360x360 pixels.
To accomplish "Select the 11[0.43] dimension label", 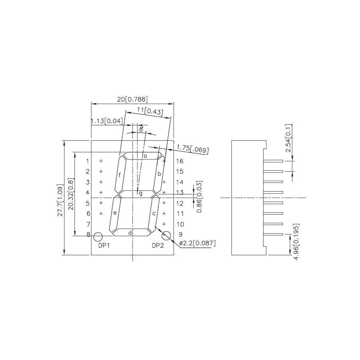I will pyautogui.click(x=150, y=111).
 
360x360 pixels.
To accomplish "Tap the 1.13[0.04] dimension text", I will pyautogui.click(x=107, y=121).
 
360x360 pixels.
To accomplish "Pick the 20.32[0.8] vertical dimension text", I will pyautogui.click(x=71, y=194).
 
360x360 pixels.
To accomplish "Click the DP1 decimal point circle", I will pyautogui.click(x=98, y=237).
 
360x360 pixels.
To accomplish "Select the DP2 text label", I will pyautogui.click(x=158, y=246).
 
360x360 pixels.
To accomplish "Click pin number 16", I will pyautogui.click(x=180, y=161).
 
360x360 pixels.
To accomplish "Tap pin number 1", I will pyautogui.click(x=87, y=161).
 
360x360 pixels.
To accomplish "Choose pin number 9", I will pyautogui.click(x=180, y=235).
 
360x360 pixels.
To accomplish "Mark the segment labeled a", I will pyautogui.click(x=143, y=156).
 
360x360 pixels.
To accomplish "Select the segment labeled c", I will pyautogui.click(x=153, y=213).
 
